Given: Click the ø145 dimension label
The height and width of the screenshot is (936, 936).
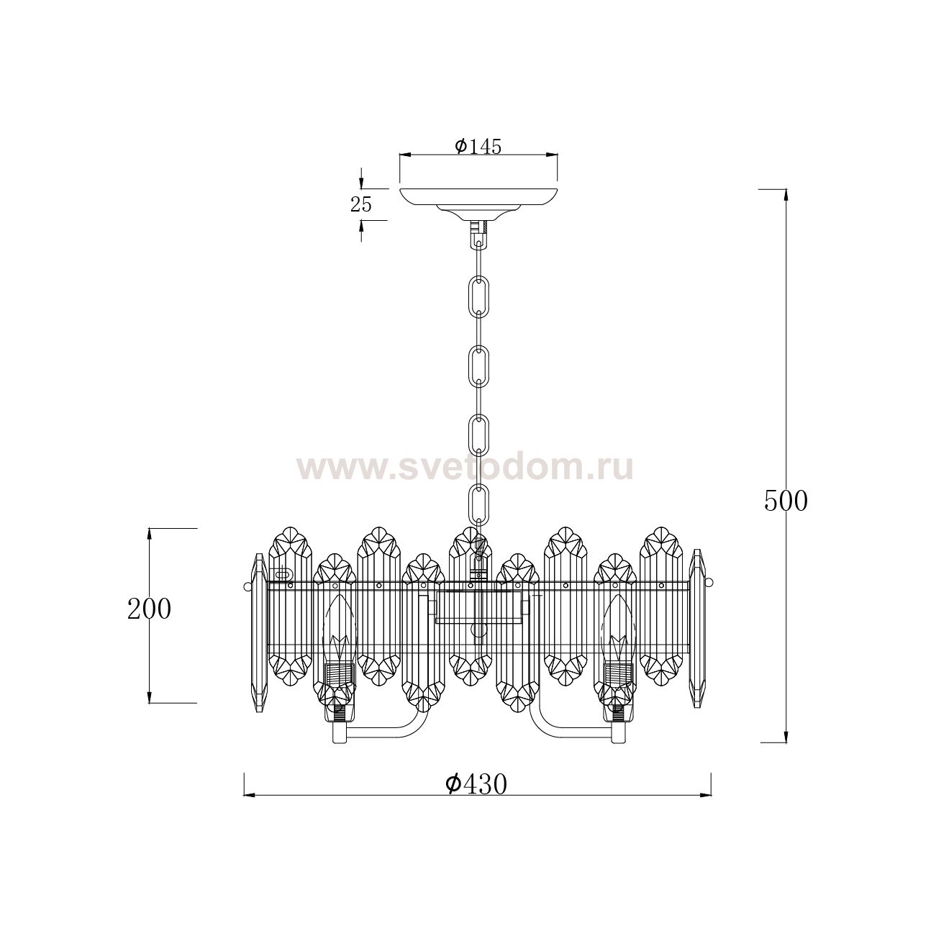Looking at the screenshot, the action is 478,146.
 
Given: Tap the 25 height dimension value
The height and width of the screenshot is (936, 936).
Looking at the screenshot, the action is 361,204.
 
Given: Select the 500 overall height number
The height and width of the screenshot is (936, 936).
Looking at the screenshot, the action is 786,501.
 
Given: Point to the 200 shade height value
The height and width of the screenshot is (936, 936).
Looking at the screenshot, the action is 149,609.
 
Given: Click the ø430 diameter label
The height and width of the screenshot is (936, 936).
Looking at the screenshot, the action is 476,784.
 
